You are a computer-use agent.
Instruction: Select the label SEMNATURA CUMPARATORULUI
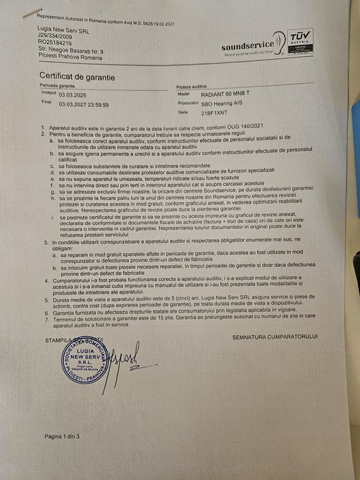[275, 337]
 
